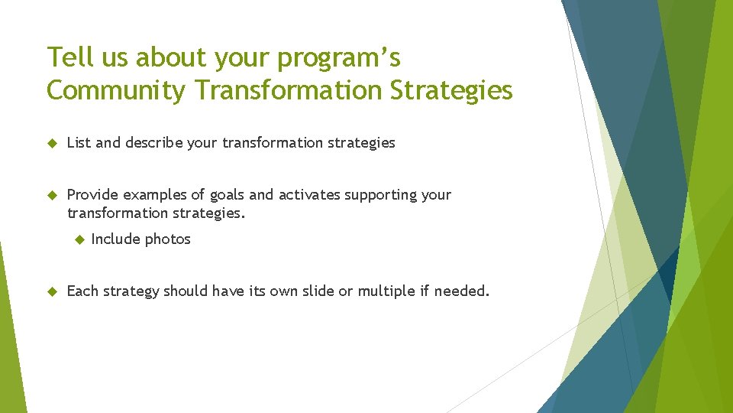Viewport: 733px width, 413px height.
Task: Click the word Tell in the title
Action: (x=66, y=57)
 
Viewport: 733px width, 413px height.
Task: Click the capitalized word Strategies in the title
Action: (x=451, y=90)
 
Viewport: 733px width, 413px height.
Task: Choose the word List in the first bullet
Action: (x=79, y=142)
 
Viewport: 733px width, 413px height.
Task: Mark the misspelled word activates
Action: (x=309, y=195)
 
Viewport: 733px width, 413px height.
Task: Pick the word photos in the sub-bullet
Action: (x=168, y=239)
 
